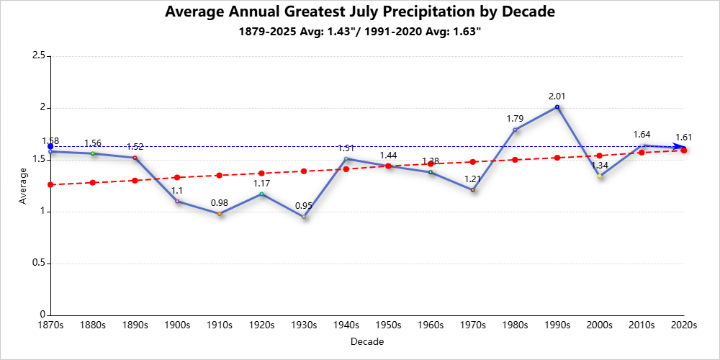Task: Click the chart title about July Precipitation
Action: coord(360,12)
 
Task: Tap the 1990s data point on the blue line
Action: coord(557,107)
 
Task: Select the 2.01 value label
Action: coord(557,96)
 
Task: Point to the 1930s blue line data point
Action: coord(304,217)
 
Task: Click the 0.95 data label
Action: coord(304,206)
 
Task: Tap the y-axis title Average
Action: coord(24,186)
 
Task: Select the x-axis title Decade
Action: coord(367,341)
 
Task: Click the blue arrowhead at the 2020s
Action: coord(678,148)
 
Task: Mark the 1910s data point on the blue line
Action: coord(220,214)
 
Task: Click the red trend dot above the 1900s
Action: coord(177,177)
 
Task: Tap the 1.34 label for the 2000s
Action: coord(599,166)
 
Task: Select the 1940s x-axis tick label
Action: coord(346,325)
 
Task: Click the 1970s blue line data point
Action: coord(472,190)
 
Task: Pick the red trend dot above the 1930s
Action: coord(304,171)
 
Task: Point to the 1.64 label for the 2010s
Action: coord(642,135)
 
